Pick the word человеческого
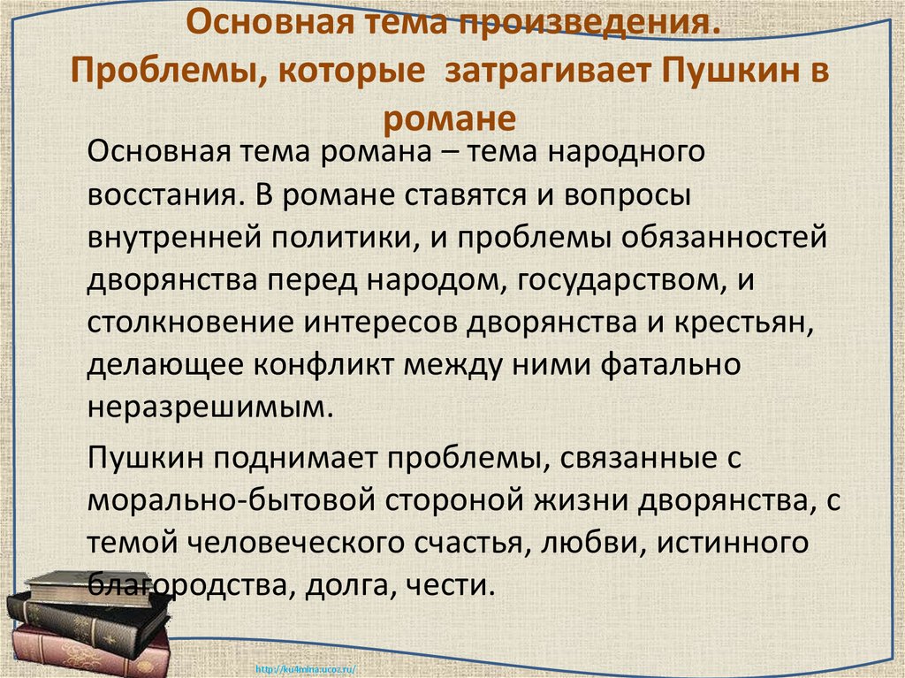[317, 543]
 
